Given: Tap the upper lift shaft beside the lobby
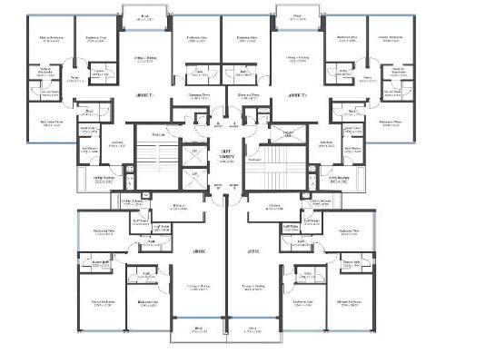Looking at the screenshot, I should click(193, 152).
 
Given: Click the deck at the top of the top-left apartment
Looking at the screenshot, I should click(145, 16).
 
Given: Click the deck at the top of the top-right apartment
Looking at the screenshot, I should click(297, 16).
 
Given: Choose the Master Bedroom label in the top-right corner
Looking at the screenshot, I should click(391, 39).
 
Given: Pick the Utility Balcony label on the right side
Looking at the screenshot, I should click(337, 179).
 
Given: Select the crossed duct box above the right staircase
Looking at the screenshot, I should click(288, 133).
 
